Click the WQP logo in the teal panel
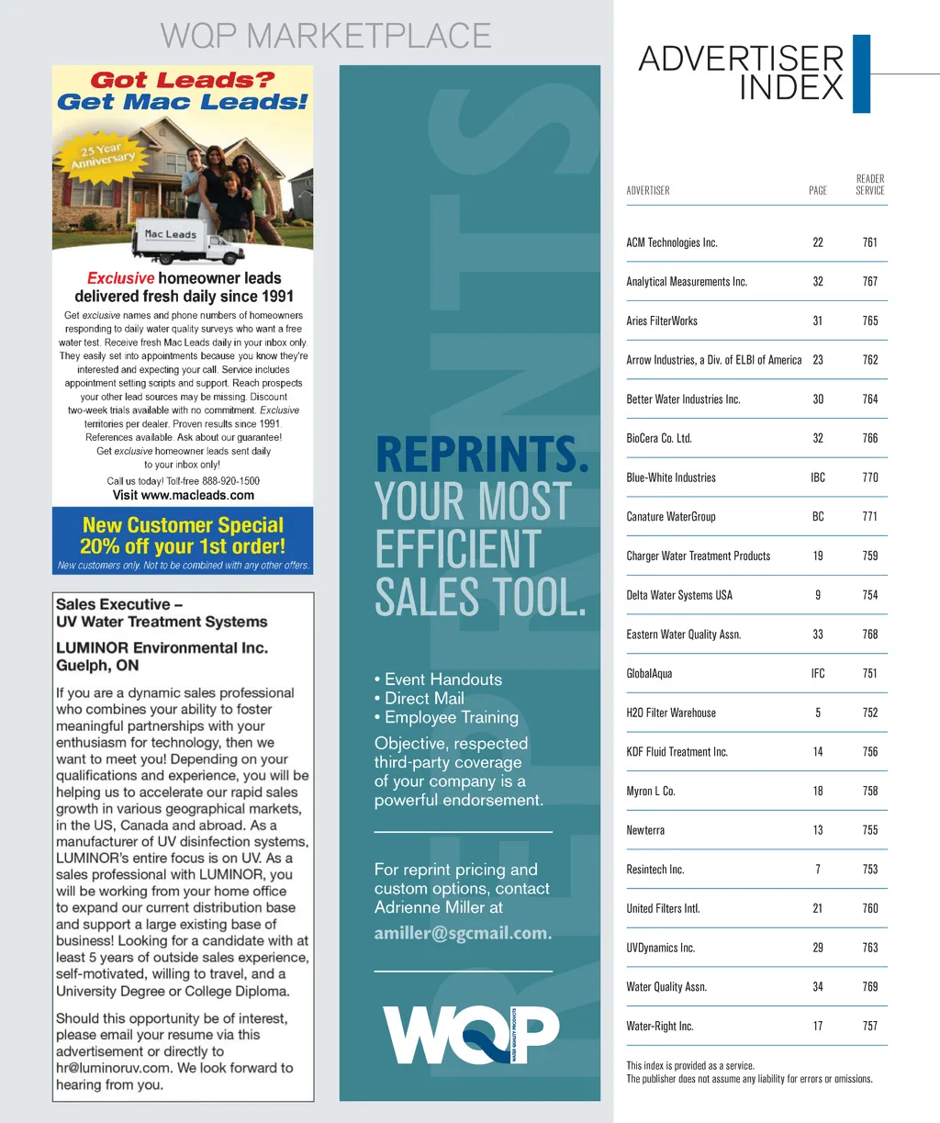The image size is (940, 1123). coord(470,1035)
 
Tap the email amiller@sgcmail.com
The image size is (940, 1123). coord(463,933)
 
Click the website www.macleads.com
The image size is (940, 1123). coord(184,495)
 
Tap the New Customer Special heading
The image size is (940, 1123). coord(183,525)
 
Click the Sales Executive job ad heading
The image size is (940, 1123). coord(162,612)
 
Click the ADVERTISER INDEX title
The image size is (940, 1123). coord(741,73)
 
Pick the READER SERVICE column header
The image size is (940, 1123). coord(869,185)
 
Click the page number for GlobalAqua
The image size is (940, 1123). coord(817,673)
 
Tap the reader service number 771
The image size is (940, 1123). coord(869,516)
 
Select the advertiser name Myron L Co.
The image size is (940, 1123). coord(651,791)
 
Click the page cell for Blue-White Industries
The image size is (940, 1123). coord(817,477)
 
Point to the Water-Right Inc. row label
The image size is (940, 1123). coord(660,1026)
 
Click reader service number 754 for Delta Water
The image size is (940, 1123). coord(869,595)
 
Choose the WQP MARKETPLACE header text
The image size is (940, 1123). coord(326,36)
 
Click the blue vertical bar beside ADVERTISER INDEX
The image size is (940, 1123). coord(861,73)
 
